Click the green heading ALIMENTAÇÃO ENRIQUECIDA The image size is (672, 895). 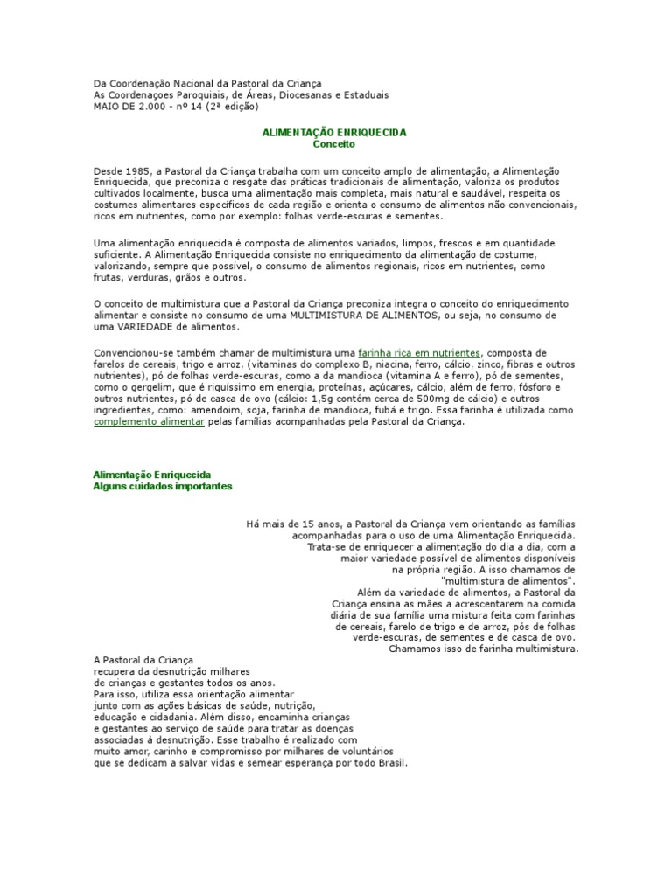(335, 131)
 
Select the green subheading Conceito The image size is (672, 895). (335, 143)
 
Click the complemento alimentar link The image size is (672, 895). (149, 420)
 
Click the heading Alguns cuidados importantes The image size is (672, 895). (163, 486)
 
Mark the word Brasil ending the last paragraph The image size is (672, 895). (392, 762)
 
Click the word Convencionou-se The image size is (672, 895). (131, 351)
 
